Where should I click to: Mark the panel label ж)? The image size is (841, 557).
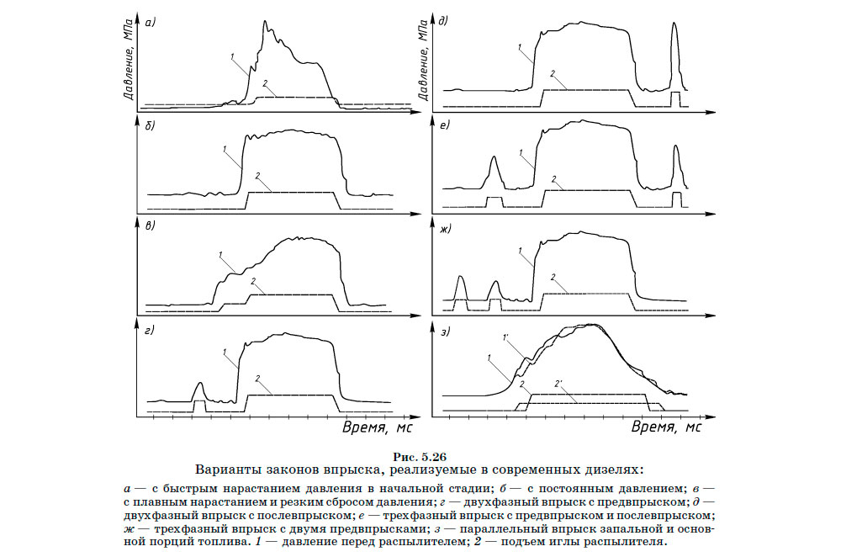pyautogui.click(x=444, y=227)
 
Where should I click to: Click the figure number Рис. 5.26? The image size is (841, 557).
pyautogui.click(x=420, y=456)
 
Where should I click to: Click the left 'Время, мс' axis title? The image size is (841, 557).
pyautogui.click(x=378, y=428)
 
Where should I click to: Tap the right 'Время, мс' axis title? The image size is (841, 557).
pyautogui.click(x=667, y=428)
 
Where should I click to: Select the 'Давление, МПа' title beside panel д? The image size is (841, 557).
pyautogui.click(x=423, y=62)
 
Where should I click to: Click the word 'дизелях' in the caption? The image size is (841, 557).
pyautogui.click(x=614, y=469)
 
